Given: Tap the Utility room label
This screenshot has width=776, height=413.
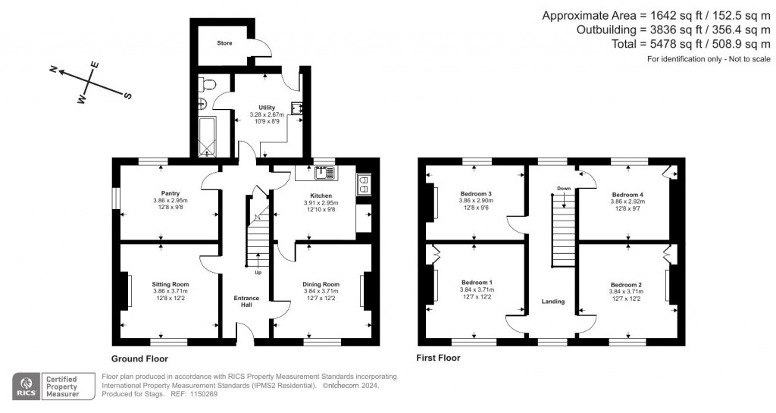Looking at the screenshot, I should [266, 108].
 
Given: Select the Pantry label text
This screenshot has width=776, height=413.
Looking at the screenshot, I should [160, 193].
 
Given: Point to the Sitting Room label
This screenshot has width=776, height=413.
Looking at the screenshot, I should [160, 284].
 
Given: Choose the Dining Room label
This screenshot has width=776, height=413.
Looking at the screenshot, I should [321, 284].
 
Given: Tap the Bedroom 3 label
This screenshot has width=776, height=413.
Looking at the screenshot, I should [476, 194].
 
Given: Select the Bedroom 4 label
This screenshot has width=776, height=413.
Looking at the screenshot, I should [627, 195].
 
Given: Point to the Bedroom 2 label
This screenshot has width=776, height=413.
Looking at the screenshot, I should [626, 284].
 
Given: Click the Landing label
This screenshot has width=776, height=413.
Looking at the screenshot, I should [552, 302].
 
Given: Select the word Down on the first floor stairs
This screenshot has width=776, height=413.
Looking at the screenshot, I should [563, 189].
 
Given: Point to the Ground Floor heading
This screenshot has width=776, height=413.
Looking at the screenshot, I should [139, 358].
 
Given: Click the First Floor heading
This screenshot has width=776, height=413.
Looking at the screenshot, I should [438, 358].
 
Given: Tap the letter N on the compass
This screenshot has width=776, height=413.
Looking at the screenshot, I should [54, 69].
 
